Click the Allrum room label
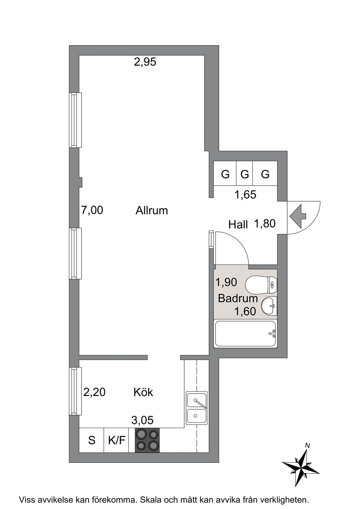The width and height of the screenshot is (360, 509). (152, 210)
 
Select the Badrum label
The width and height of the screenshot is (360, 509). (238, 298)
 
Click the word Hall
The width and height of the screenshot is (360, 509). (238, 225)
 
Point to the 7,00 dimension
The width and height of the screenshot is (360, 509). (92, 210)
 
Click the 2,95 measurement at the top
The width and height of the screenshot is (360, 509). (145, 62)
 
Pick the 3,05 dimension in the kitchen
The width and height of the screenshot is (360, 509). (142, 420)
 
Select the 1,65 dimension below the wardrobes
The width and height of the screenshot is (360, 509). (245, 195)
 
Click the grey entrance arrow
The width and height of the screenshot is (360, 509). (298, 216)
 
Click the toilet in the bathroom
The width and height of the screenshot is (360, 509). (261, 284)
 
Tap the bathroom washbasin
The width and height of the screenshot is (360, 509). (269, 306)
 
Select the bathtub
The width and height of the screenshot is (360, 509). (245, 333)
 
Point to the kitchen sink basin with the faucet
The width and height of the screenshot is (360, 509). (197, 400)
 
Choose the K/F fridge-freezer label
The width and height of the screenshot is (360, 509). (117, 440)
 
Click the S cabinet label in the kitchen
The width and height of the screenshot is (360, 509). (91, 440)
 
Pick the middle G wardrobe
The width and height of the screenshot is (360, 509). (245, 174)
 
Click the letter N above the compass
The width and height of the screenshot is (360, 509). (307, 446)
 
